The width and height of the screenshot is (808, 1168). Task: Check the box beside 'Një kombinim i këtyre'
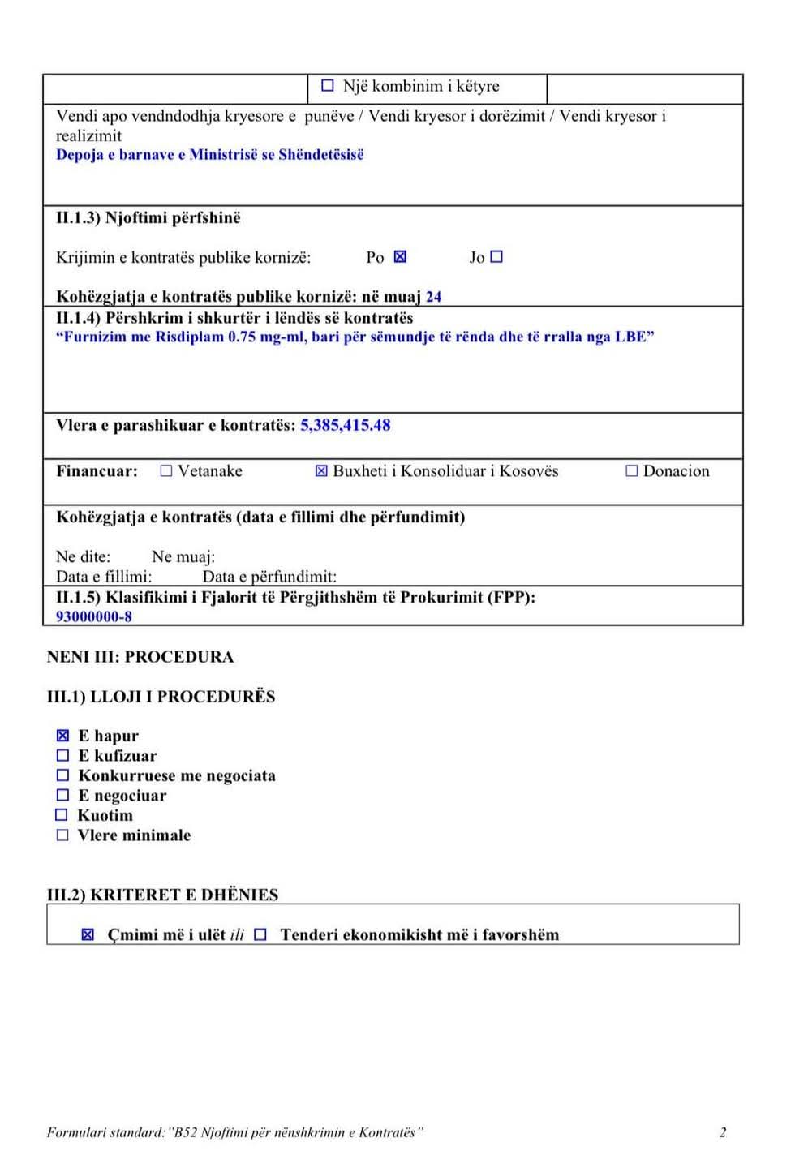(328, 85)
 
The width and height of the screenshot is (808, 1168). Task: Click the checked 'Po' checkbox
(400, 256)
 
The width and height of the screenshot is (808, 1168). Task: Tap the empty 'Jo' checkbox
(497, 256)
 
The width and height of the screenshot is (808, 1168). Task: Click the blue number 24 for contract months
(434, 297)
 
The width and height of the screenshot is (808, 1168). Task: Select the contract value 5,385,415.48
(346, 425)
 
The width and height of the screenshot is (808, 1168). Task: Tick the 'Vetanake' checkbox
(166, 471)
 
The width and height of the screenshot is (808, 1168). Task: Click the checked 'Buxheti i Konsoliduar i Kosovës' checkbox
(321, 471)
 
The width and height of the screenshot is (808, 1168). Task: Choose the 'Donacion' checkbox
(632, 471)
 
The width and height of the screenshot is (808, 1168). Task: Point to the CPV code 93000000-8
(94, 616)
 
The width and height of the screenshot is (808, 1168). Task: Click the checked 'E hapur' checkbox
(62, 736)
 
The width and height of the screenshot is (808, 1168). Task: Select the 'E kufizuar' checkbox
(62, 755)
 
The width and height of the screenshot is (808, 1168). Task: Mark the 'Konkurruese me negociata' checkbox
(62, 775)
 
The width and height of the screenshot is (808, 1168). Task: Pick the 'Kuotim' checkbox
(62, 815)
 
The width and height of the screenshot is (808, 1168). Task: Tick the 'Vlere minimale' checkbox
(62, 835)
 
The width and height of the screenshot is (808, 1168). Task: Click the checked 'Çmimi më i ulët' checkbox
(88, 934)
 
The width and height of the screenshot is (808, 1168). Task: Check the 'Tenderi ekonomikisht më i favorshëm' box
(260, 934)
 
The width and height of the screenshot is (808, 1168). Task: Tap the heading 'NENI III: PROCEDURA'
(140, 657)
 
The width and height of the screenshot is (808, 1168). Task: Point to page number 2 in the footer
(723, 1132)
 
